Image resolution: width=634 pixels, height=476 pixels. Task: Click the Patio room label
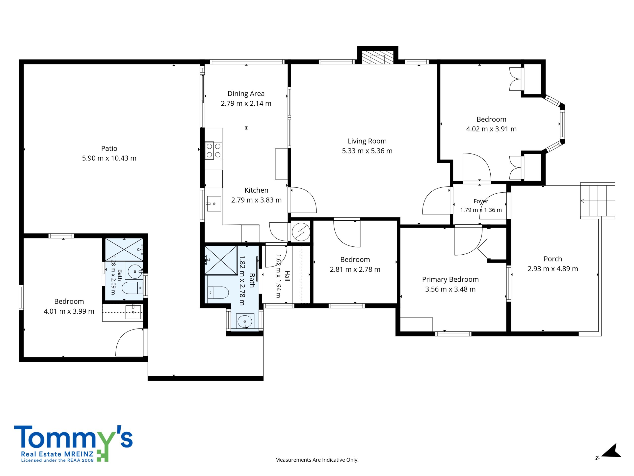(x=109, y=148)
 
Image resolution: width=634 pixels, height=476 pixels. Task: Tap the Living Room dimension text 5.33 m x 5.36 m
(x=367, y=151)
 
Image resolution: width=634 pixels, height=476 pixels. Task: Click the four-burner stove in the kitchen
(x=213, y=150)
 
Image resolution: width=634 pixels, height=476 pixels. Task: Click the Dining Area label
(x=246, y=93)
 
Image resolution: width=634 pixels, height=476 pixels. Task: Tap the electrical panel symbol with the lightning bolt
(x=301, y=232)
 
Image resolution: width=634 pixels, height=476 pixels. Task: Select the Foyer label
(x=481, y=201)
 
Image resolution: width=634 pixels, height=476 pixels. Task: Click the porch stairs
(x=598, y=201)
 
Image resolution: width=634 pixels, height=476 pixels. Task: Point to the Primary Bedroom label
(x=450, y=279)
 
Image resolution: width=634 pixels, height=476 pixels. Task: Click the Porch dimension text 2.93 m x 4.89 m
(x=553, y=269)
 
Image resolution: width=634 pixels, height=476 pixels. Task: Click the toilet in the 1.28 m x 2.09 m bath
(x=132, y=288)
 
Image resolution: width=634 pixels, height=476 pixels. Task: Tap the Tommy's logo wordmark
(x=73, y=437)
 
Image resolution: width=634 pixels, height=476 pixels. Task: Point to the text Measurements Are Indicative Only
(x=317, y=468)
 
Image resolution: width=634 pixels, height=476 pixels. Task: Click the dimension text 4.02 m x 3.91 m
(x=491, y=129)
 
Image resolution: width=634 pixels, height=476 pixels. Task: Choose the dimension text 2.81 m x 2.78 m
(x=355, y=269)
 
